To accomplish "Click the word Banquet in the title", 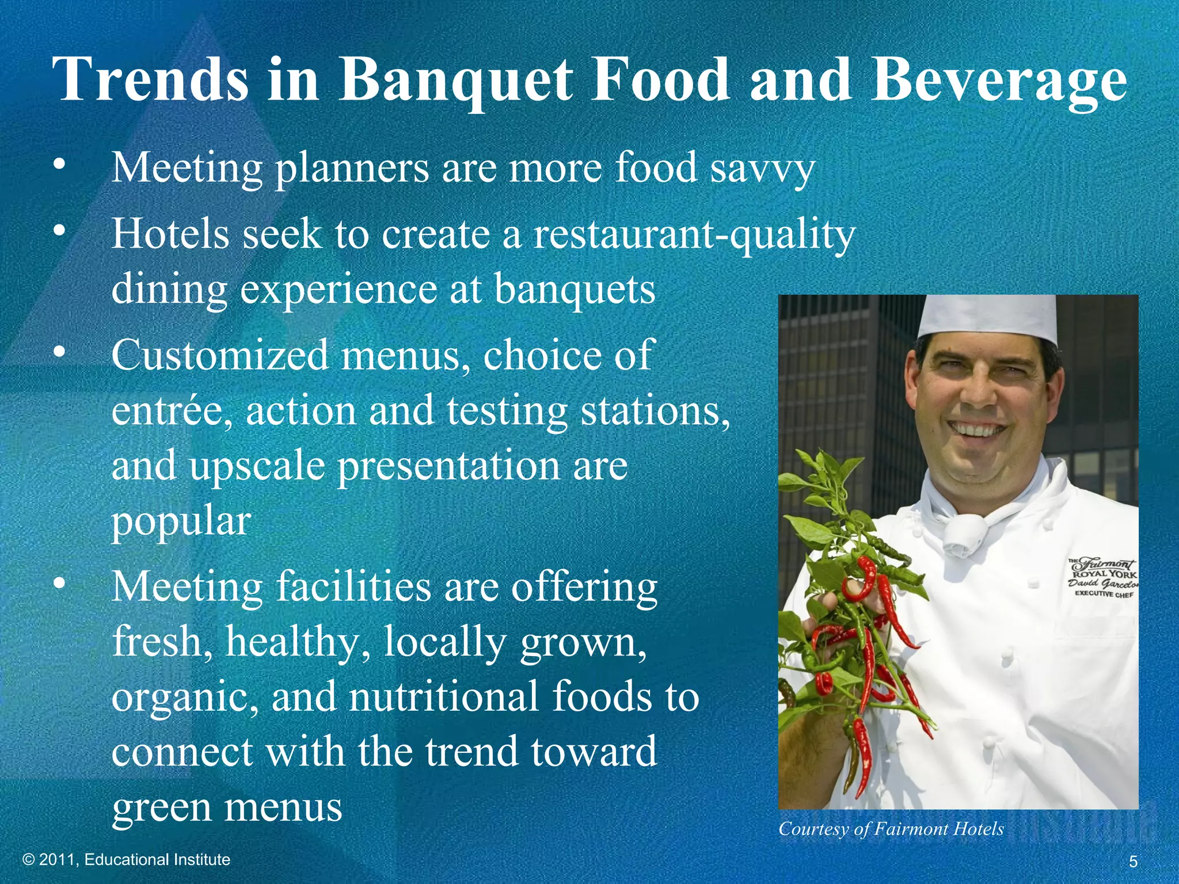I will coord(455,81).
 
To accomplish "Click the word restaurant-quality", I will coord(694,235).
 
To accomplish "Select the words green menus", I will coord(227,807).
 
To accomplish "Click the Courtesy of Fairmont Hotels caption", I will coord(891,829).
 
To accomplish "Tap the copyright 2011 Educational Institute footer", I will coord(126,860).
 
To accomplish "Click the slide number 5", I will coord(1133,862).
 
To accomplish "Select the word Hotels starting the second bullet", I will coord(169,234).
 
